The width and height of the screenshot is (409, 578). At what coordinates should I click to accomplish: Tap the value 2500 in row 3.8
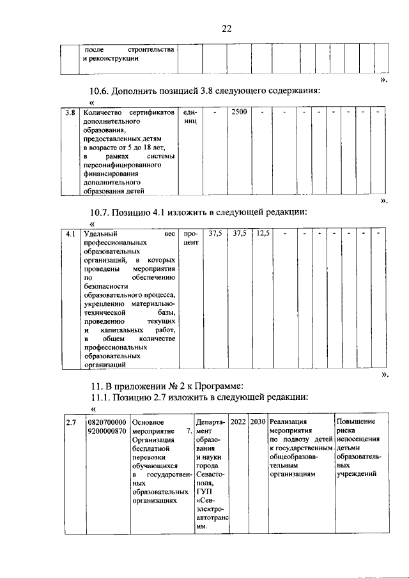239,112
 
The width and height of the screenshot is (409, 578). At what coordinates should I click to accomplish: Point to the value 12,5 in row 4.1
263,234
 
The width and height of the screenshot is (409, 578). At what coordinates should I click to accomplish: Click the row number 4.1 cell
70,234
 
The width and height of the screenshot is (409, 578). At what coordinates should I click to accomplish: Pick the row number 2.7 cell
72,422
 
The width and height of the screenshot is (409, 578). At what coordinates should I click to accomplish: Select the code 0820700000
107,422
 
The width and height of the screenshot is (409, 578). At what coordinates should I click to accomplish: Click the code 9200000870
107,432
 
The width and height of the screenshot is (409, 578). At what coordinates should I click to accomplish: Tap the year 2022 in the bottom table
238,422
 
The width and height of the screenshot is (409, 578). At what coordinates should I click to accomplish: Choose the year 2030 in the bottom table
258,422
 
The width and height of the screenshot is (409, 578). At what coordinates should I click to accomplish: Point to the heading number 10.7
101,212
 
